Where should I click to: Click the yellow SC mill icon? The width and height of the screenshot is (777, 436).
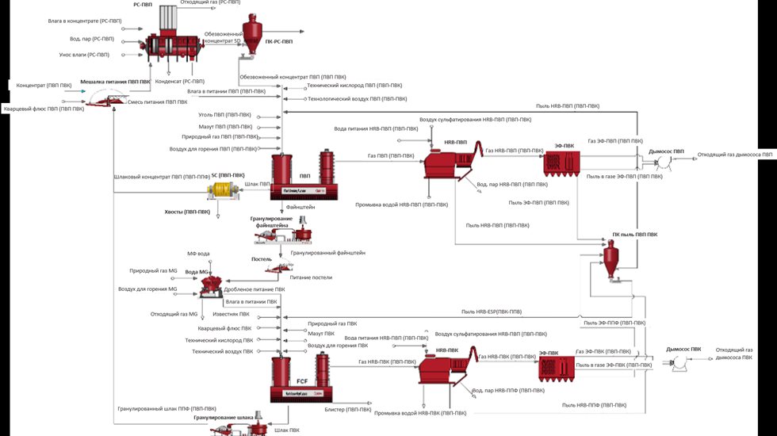[223, 189]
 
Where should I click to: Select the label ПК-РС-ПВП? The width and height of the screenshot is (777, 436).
[279, 41]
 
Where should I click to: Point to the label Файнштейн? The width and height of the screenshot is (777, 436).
[301, 206]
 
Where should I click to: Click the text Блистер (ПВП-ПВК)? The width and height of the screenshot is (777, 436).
[347, 409]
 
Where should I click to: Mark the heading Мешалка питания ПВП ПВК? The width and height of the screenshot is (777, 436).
[115, 82]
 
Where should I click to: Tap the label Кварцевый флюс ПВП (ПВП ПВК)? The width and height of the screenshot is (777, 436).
[44, 109]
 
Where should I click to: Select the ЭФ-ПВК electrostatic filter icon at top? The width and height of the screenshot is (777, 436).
[564, 163]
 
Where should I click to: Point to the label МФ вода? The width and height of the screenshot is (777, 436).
[198, 254]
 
